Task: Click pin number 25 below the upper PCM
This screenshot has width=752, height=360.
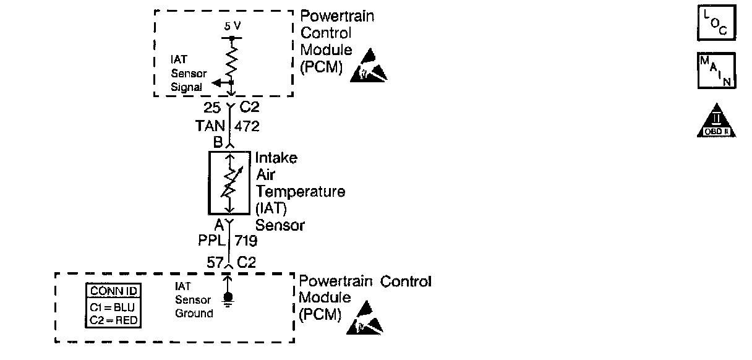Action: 212,108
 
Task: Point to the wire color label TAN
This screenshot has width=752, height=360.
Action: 210,126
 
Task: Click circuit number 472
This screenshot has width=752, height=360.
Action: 247,126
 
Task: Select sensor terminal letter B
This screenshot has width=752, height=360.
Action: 218,142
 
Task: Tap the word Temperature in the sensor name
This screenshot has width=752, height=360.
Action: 301,191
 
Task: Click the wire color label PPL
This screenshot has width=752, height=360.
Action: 210,240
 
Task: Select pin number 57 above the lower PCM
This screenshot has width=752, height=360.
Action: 214,262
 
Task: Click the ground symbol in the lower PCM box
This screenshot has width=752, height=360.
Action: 229,299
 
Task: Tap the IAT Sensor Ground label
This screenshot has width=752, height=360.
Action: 193,300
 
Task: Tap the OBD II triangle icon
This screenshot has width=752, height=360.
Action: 716,121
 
